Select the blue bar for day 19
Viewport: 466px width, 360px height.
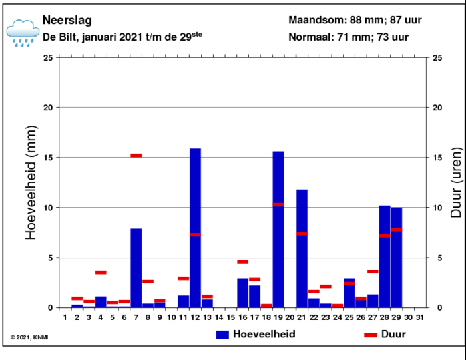coord(278,230)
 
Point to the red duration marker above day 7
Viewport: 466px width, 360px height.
coord(136,156)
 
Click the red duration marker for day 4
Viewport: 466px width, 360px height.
coord(101,272)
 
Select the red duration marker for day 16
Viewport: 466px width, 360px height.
coord(242,262)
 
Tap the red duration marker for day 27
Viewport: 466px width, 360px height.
coord(373,271)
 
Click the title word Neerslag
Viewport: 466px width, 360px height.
coord(67,21)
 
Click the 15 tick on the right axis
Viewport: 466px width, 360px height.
coord(437,158)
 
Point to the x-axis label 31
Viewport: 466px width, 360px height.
coord(419,318)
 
